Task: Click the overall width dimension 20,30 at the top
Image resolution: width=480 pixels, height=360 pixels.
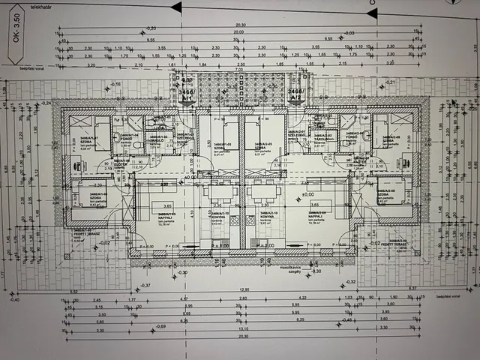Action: [x=240, y=25]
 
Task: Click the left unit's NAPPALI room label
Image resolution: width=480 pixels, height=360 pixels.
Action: [x=163, y=216]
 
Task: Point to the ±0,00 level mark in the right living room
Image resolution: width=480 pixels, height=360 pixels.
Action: [x=307, y=196]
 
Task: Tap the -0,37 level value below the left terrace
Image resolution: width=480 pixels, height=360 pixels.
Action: [x=144, y=286]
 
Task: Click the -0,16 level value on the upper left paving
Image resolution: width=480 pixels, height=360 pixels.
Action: [x=115, y=85]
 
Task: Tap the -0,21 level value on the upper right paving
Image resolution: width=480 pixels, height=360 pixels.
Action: [x=388, y=81]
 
